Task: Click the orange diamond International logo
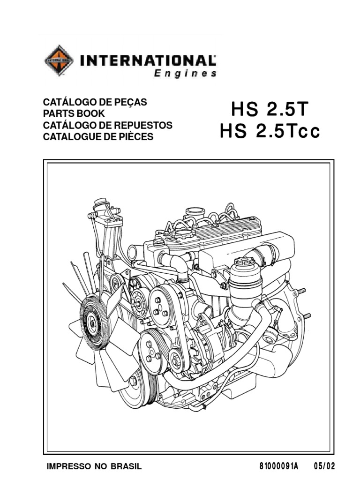point(59,60)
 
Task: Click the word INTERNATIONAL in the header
point(148,60)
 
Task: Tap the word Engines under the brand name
point(185,74)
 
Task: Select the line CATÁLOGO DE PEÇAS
point(95,102)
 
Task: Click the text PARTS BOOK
point(74,113)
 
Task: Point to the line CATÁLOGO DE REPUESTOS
point(108,125)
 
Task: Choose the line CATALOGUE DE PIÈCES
point(98,136)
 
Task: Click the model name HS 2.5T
point(270,109)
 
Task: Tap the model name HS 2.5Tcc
point(270,131)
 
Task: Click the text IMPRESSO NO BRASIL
point(94,466)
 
